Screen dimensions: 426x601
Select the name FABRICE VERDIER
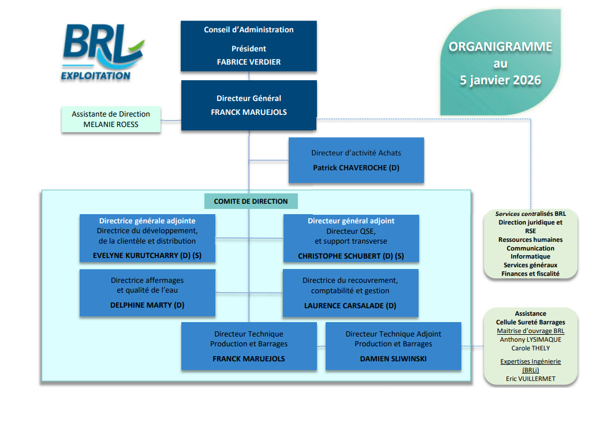click(x=249, y=62)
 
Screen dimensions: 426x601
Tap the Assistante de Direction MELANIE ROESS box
click(x=111, y=119)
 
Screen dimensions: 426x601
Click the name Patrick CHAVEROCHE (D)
click(x=356, y=168)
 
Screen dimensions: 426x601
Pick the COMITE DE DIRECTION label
click(x=251, y=201)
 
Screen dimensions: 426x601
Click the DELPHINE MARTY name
click(x=147, y=305)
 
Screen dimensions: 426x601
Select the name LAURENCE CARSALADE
click(x=350, y=306)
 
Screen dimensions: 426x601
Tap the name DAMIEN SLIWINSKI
click(x=393, y=358)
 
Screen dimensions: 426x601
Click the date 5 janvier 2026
click(x=500, y=80)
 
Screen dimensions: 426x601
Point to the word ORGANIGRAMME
click(x=501, y=47)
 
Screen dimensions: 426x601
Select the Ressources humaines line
click(x=531, y=240)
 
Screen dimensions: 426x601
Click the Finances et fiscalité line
click(x=531, y=274)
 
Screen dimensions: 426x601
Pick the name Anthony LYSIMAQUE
click(x=531, y=339)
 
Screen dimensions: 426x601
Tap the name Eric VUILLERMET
click(x=531, y=379)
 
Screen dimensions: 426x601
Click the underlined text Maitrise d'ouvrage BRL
click(x=531, y=331)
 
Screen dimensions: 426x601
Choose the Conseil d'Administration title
click(x=249, y=30)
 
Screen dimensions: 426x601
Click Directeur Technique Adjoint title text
click(x=393, y=334)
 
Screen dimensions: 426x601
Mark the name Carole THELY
click(x=531, y=348)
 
